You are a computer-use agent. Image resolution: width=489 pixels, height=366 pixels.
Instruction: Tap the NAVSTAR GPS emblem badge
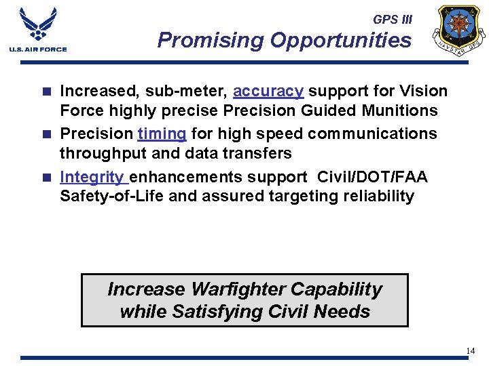(461, 30)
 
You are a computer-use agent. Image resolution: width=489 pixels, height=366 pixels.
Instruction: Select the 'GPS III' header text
(392, 20)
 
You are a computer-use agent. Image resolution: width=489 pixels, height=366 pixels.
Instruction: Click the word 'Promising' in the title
(211, 41)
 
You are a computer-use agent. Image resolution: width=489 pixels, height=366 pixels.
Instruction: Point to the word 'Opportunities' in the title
(340, 41)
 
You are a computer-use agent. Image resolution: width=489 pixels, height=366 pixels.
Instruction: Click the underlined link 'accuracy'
(268, 91)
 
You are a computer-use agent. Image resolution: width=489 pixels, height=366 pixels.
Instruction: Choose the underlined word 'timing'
(162, 134)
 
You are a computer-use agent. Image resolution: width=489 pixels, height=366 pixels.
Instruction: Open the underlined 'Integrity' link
(92, 177)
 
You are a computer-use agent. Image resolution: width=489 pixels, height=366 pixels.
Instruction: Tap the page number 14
(471, 350)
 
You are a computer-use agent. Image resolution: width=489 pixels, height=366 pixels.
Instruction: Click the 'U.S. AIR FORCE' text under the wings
(38, 49)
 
